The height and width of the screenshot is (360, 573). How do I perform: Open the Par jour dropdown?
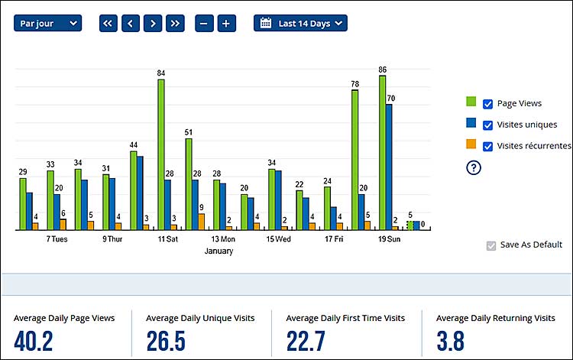tap(47, 23)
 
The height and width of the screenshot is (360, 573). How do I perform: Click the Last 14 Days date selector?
tap(300, 23)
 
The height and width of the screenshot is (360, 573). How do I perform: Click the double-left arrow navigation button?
tap(108, 23)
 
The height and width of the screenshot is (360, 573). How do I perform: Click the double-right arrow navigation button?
tap(176, 23)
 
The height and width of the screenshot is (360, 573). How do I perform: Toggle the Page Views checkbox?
tap(487, 103)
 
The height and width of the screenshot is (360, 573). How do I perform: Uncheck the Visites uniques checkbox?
tap(487, 125)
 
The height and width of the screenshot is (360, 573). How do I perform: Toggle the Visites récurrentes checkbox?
tap(487, 146)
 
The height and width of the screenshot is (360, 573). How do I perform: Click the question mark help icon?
tap(473, 168)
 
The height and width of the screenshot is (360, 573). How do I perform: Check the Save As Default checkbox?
tap(491, 245)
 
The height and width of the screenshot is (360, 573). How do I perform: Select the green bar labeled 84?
tap(161, 154)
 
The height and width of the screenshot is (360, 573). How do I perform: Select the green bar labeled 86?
tap(382, 152)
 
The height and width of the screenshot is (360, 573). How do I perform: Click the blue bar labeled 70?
tap(389, 167)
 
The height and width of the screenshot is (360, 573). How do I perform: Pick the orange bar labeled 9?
tap(201, 222)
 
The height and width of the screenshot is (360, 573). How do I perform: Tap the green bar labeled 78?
tap(354, 159)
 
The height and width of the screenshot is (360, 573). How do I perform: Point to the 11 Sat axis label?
tap(167, 239)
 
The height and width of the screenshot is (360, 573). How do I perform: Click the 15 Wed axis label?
tap(278, 239)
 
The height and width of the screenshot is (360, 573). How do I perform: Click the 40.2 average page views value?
tap(34, 341)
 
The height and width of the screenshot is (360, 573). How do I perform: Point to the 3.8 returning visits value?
tap(450, 341)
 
